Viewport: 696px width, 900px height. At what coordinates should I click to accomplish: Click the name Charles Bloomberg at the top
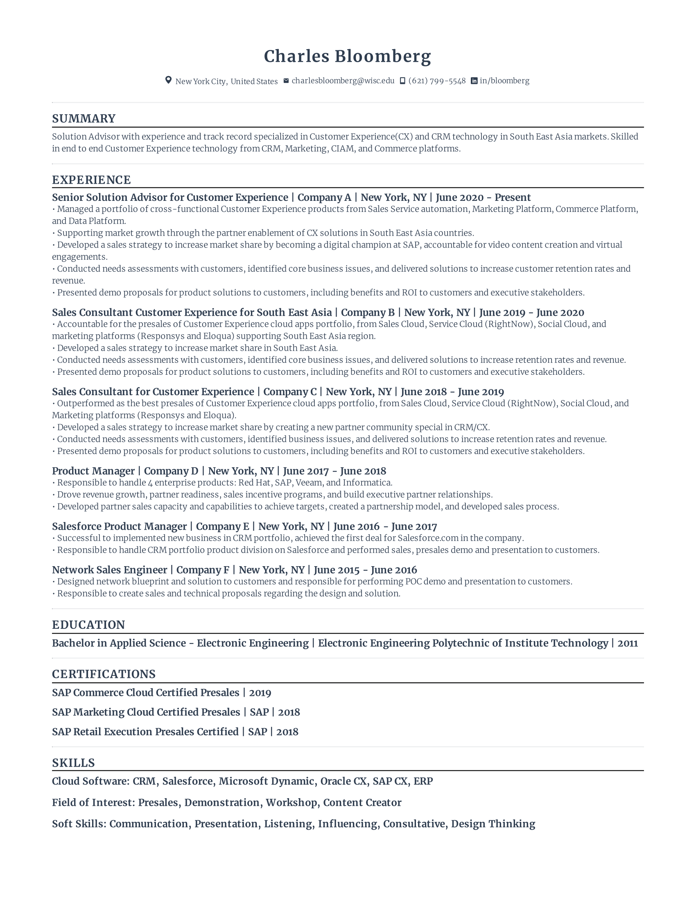347,56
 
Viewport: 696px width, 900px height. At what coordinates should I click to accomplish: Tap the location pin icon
168,80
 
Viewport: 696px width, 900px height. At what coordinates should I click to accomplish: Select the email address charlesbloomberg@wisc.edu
343,81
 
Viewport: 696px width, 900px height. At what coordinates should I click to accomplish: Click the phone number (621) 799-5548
437,81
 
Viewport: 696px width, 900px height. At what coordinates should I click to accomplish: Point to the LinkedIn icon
474,81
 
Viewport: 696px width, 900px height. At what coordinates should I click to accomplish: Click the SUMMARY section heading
84,119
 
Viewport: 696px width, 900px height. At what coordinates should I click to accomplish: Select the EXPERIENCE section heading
91,180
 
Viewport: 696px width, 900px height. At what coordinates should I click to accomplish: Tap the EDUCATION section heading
88,625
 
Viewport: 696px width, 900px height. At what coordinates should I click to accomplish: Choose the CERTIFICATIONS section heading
104,674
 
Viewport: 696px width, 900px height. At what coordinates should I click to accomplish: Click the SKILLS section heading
73,763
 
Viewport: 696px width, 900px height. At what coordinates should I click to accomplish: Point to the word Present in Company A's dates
513,198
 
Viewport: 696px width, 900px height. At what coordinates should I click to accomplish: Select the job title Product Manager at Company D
93,471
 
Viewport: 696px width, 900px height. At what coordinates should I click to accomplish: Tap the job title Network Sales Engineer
109,570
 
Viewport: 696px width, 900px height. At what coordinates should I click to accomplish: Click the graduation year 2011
628,643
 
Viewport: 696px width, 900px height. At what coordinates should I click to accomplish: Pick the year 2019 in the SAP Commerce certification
260,693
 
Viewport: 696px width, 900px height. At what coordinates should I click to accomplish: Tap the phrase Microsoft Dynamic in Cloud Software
266,781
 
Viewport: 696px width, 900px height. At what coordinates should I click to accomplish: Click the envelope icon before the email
286,81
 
